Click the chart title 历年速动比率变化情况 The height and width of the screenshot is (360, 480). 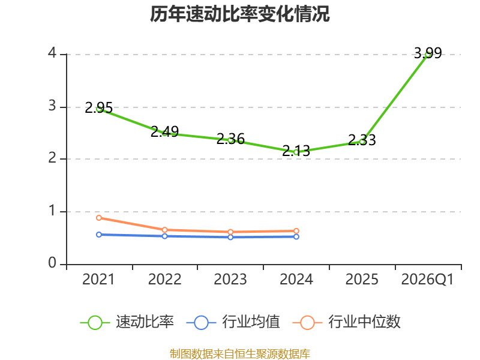pos(239,14)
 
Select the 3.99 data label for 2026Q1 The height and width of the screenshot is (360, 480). pos(428,53)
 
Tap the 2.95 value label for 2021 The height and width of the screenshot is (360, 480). pos(98,108)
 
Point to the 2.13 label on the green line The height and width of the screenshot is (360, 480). pos(296,151)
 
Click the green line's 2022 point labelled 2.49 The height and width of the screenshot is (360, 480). pos(164,133)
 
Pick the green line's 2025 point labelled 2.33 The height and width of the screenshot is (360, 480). pos(362,142)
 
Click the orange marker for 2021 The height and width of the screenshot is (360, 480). pos(99,218)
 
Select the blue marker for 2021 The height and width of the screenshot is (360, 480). pos(99,235)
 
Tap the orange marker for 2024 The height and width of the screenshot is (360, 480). pos(296,231)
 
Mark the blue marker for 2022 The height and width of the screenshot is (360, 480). pos(164,236)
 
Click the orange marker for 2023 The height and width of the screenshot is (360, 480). pos(230,232)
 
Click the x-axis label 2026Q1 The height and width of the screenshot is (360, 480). pos(427,280)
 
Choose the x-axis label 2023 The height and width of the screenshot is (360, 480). pos(230,280)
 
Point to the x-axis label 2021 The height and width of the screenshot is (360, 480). pos(98,280)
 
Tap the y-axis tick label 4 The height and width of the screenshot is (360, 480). pos(52,53)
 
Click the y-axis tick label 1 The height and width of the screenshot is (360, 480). pos(52,211)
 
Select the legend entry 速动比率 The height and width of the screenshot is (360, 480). pos(127,322)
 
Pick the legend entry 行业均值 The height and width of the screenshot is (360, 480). pos(233,322)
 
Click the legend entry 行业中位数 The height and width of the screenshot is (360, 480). pos(347,322)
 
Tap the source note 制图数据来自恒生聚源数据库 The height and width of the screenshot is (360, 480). pos(239,354)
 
